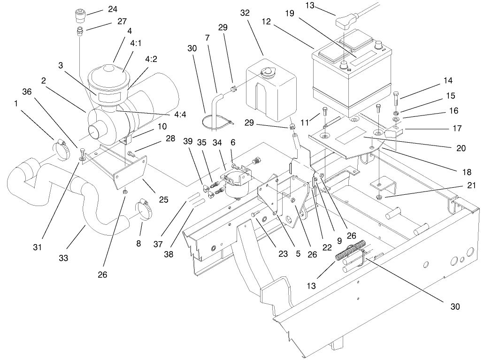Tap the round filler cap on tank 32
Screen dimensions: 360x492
pyautogui.click(x=268, y=73)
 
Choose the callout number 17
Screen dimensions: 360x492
pyautogui.click(x=457, y=127)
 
